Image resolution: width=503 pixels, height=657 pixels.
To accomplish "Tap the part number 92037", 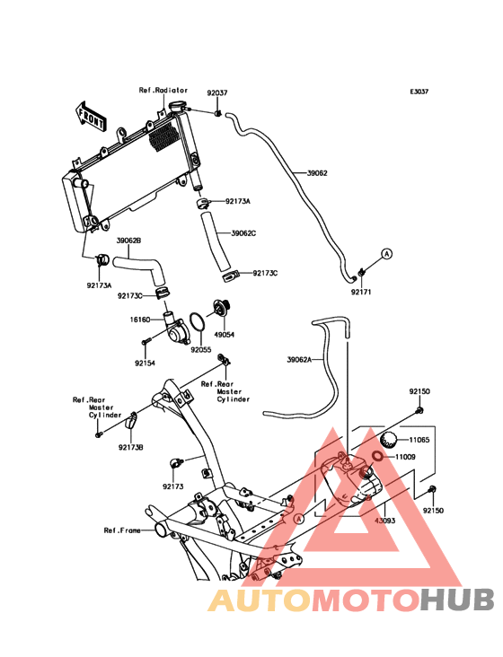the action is (217, 92).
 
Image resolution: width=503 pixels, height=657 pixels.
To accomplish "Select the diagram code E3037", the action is (419, 92).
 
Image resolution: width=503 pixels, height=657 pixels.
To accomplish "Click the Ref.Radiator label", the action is (163, 90).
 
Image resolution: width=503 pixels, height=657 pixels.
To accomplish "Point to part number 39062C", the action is (243, 233).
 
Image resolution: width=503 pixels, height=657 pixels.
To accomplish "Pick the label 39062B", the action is (128, 241).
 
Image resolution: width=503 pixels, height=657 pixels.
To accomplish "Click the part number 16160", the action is (140, 320).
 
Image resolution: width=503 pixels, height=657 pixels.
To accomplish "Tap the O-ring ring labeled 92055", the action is (198, 322).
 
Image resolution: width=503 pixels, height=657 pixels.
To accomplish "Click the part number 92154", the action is (145, 364).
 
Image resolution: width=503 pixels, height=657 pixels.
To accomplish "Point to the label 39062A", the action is (299, 360).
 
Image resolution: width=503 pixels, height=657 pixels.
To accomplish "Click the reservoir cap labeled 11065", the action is (388, 440).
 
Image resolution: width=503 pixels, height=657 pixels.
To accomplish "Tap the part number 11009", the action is (405, 457).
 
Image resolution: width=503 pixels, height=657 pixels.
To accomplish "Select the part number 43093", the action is (384, 521).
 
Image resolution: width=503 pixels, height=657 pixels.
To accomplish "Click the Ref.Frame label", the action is (122, 530).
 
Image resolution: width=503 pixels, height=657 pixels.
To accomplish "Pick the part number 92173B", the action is (131, 448).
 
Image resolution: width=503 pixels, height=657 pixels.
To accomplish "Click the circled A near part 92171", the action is (387, 254).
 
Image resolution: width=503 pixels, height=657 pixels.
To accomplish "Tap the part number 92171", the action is (361, 292).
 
